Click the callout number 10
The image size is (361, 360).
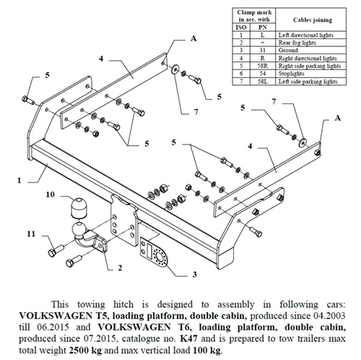(x=51, y=194)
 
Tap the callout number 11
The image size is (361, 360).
(x=31, y=233)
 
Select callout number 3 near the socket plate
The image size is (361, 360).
(x=195, y=274)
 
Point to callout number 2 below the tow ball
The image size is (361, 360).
(x=120, y=267)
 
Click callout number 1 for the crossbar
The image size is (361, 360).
(x=19, y=180)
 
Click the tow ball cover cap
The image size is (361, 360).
(x=79, y=207)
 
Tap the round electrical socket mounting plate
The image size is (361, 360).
(x=153, y=253)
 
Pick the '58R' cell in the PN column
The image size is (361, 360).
(x=262, y=66)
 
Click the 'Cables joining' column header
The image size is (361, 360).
(x=313, y=20)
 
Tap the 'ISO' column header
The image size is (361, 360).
(x=241, y=27)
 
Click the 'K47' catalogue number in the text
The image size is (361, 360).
(x=188, y=338)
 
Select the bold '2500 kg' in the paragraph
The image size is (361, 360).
(x=85, y=350)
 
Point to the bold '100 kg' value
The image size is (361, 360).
(x=206, y=350)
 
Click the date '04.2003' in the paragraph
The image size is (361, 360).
(x=329, y=315)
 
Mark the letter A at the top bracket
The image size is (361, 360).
(x=193, y=38)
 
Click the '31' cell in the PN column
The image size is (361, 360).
(x=262, y=51)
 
